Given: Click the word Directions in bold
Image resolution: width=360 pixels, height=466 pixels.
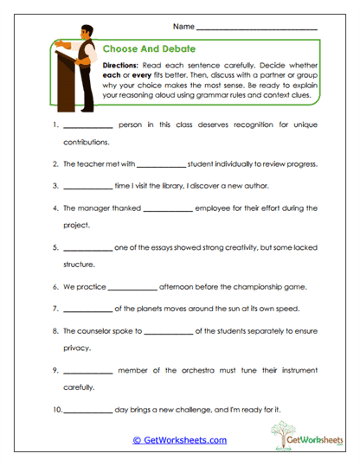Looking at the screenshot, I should tap(125, 66).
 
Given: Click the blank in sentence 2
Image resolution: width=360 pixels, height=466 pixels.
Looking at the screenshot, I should tap(161, 165).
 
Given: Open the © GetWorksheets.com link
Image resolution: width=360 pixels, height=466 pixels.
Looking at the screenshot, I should tap(179, 440).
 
